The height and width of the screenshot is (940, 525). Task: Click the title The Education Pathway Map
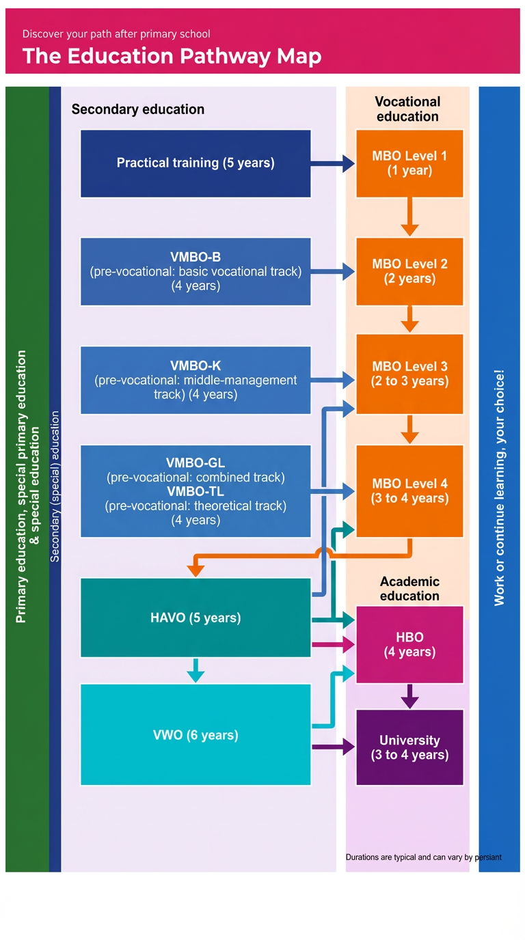(172, 56)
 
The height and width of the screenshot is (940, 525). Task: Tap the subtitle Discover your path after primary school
(116, 33)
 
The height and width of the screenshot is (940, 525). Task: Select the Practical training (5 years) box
(196, 163)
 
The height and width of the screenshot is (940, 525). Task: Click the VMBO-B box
(196, 271)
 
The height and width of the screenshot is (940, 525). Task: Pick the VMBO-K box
(196, 380)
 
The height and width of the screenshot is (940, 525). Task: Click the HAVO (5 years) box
(196, 618)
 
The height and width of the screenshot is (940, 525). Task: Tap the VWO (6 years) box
(196, 734)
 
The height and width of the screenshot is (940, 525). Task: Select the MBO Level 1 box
(409, 163)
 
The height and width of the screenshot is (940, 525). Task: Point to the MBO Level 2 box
(409, 271)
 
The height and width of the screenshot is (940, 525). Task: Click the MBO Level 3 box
(409, 374)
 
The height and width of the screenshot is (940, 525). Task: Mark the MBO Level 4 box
(409, 490)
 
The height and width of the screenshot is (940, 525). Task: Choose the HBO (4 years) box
(409, 644)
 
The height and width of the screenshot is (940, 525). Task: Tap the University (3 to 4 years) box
(409, 747)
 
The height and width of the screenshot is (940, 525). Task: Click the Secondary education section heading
(137, 109)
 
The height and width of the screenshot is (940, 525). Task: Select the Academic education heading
(409, 588)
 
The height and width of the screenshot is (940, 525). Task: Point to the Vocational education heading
(407, 109)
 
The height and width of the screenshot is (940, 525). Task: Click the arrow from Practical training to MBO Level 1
(333, 163)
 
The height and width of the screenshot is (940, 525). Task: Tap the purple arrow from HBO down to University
(409, 696)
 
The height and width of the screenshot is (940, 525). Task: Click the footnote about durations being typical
(423, 857)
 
